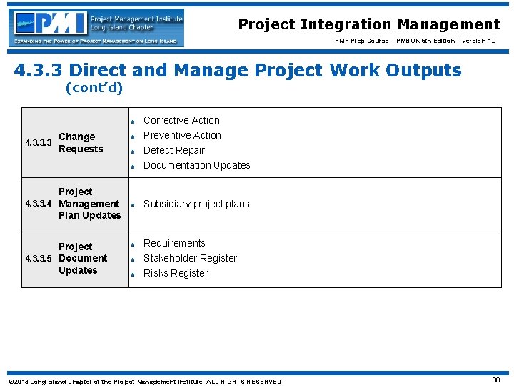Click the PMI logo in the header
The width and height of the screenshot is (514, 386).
(96, 27)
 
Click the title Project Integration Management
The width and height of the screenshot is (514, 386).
(368, 25)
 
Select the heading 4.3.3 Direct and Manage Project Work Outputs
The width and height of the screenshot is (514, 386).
(238, 70)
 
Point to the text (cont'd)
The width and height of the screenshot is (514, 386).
(94, 89)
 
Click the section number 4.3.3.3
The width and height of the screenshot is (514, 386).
(38, 143)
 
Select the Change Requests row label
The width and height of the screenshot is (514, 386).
(80, 143)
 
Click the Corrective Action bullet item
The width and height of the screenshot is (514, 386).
(181, 120)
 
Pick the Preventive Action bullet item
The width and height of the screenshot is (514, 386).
(182, 135)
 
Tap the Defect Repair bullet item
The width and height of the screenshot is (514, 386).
(173, 150)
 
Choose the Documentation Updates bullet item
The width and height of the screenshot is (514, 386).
(196, 165)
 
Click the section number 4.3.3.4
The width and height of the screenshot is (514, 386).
(38, 204)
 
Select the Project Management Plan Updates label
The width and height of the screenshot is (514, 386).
(89, 204)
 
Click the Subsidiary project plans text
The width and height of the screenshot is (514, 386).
(196, 204)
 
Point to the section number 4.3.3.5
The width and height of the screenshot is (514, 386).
(38, 258)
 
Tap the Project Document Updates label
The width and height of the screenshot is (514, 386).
(82, 258)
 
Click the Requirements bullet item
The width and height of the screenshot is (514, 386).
(174, 243)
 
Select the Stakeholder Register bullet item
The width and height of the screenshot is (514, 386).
(190, 258)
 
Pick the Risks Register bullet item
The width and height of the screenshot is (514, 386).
(176, 273)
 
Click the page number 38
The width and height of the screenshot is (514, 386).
(495, 380)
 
